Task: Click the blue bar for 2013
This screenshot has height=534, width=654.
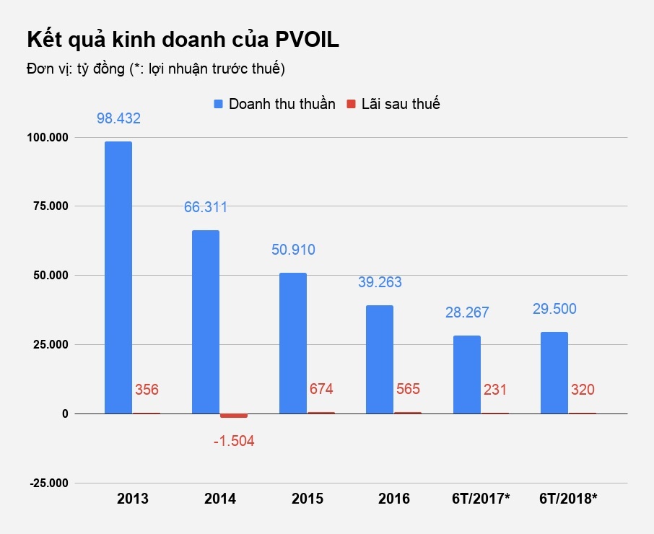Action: (118, 278)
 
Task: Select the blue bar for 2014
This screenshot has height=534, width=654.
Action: (206, 322)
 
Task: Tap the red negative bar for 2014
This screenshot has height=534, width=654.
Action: (233, 416)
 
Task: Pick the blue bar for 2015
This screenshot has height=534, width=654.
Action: (292, 343)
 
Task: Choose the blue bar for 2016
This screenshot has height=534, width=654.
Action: (380, 359)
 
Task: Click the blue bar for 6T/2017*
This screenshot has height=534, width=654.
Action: (467, 375)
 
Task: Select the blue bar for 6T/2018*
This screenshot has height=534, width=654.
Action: (554, 373)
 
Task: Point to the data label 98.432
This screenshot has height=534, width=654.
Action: (118, 118)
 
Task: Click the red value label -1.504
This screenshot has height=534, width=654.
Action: (233, 440)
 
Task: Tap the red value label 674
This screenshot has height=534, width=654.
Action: (321, 390)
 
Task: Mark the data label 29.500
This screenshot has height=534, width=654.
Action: (554, 309)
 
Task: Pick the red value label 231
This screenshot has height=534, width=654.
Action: (494, 390)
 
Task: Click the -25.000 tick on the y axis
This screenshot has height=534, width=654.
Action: (48, 483)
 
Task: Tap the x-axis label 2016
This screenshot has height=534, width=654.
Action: (394, 499)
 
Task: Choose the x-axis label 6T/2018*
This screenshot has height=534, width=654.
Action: (569, 499)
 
